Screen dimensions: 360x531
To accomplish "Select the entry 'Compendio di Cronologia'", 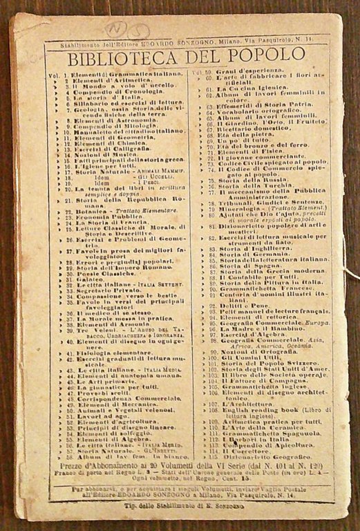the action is [x=104, y=92].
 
